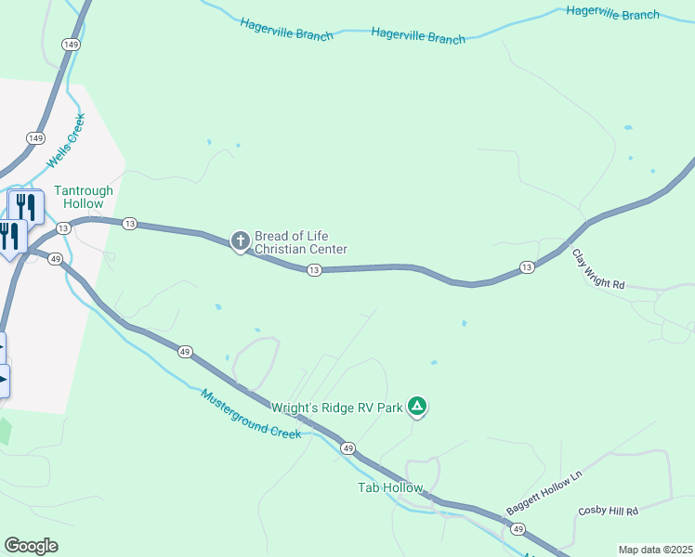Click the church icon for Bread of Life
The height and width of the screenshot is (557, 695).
[x=240, y=242]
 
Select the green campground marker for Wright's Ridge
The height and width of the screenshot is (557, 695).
[x=418, y=406]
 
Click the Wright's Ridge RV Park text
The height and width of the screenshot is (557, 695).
[x=337, y=408]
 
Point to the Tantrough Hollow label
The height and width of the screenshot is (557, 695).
[x=84, y=197]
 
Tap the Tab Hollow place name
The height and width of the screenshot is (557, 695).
[x=390, y=487]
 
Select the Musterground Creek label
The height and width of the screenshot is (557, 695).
[x=251, y=413]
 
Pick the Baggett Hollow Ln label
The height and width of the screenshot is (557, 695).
[x=544, y=493]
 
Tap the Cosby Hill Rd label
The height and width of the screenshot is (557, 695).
[x=609, y=512]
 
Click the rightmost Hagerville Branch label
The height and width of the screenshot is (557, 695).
[x=613, y=13]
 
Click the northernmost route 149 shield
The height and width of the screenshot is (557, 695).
[x=71, y=44]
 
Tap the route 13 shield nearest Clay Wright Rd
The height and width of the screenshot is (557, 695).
[x=527, y=267]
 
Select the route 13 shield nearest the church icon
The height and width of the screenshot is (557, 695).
[x=314, y=269]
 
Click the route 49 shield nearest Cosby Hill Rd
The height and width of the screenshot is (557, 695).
[x=518, y=529]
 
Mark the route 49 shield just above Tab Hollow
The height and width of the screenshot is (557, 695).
[x=347, y=448]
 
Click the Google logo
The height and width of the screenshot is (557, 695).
[x=31, y=546]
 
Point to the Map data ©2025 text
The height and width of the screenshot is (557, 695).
[x=655, y=550]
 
